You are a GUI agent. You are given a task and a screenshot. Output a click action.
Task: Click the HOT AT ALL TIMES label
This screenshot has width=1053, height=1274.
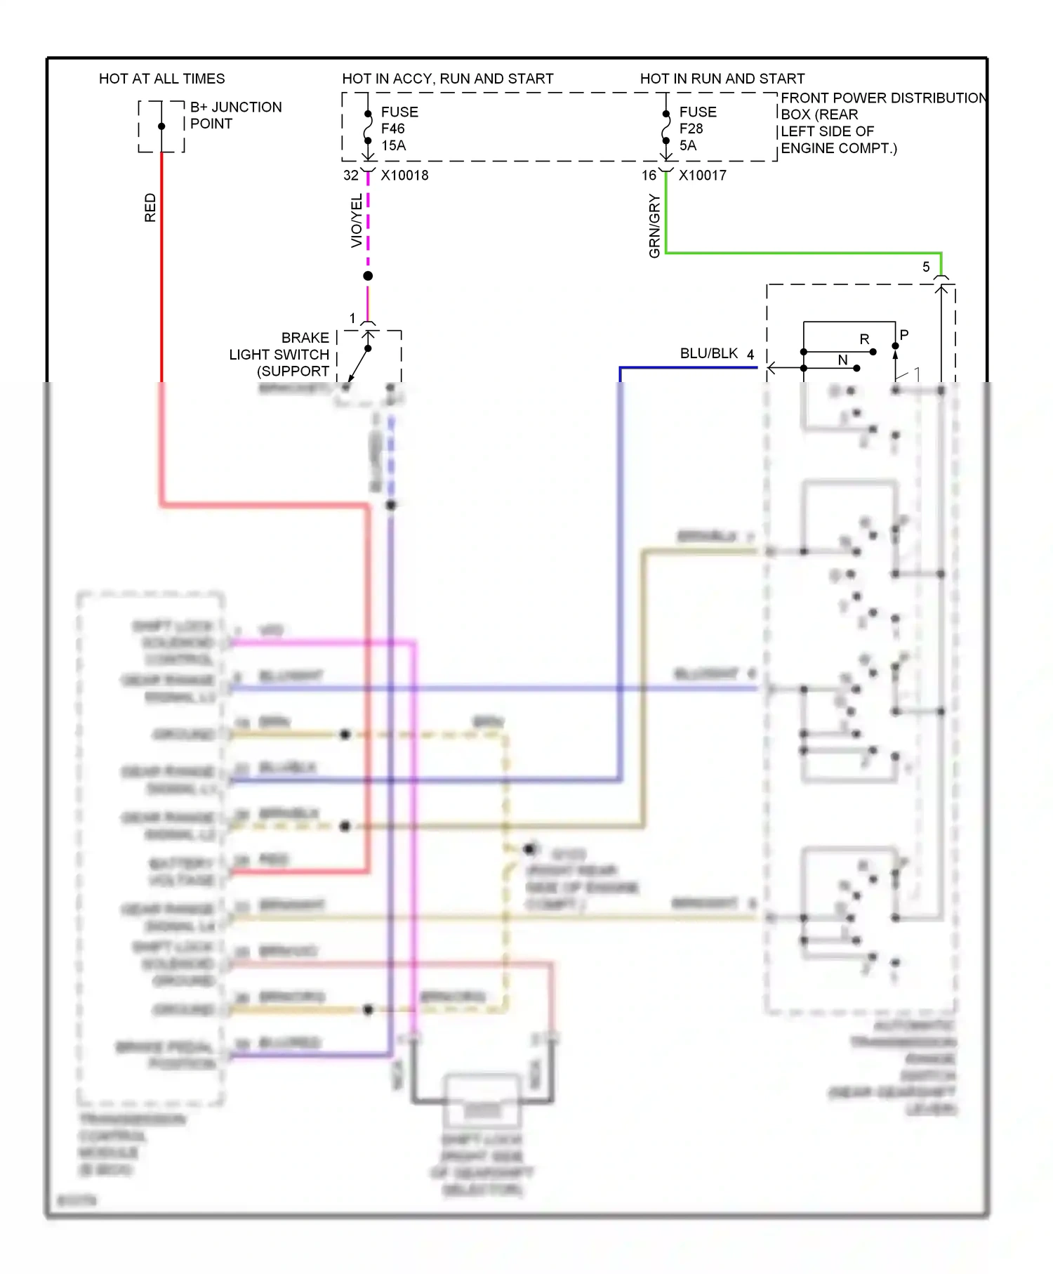click(x=161, y=79)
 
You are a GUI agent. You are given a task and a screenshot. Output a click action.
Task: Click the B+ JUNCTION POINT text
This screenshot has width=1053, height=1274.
click(x=235, y=115)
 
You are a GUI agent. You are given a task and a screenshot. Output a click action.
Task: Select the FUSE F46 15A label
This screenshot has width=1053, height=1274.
click(x=399, y=129)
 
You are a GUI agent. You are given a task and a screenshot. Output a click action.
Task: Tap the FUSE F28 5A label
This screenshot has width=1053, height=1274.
click(x=697, y=129)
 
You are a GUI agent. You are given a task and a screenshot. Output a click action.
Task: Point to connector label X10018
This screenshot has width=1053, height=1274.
click(x=404, y=176)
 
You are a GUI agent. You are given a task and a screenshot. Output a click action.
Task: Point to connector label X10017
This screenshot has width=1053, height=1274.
click(x=702, y=176)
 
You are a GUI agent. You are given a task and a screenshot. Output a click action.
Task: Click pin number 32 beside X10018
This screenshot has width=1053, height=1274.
click(x=350, y=176)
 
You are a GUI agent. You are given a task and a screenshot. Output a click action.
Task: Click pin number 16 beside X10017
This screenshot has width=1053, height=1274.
click(x=649, y=176)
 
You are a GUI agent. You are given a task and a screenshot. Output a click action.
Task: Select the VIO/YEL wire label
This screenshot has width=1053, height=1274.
click(x=357, y=221)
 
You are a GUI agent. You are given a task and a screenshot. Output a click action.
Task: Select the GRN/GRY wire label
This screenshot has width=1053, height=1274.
click(x=654, y=226)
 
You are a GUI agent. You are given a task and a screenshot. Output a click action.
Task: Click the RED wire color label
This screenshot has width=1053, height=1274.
click(x=150, y=208)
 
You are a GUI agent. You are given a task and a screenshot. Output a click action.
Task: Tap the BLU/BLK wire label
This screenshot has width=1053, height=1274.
click(x=708, y=353)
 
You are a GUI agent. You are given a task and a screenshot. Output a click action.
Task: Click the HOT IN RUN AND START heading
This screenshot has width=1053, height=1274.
click(x=722, y=79)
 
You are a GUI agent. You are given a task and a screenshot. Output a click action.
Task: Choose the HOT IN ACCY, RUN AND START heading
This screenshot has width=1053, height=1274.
click(x=447, y=79)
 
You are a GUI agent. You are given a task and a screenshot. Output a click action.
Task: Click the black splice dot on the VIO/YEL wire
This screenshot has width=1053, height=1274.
click(x=368, y=276)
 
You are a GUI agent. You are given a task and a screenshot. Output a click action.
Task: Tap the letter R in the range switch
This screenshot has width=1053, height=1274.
click(x=864, y=339)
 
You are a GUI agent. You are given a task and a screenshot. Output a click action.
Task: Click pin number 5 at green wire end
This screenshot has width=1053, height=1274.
click(x=926, y=267)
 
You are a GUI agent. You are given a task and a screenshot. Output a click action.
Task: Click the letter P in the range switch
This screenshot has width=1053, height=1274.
click(x=904, y=335)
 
